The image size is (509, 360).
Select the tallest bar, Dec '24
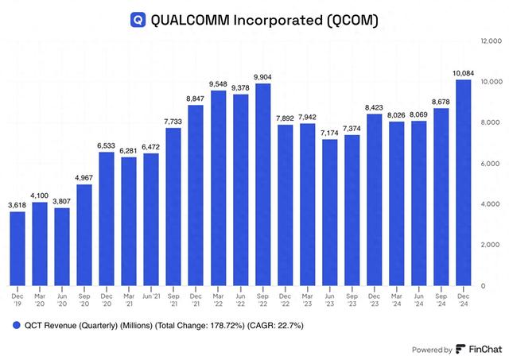pos(463,183)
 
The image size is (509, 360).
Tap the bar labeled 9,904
pos(262,184)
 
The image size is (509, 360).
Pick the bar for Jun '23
pos(329,212)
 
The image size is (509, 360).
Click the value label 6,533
pos(107,145)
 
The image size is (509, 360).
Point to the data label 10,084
pos(463,74)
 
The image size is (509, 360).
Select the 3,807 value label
pos(62,201)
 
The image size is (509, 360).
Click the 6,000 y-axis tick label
pos(490,163)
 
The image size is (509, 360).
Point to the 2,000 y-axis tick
pos(490,245)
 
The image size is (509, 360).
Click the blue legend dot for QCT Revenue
pos(14,326)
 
